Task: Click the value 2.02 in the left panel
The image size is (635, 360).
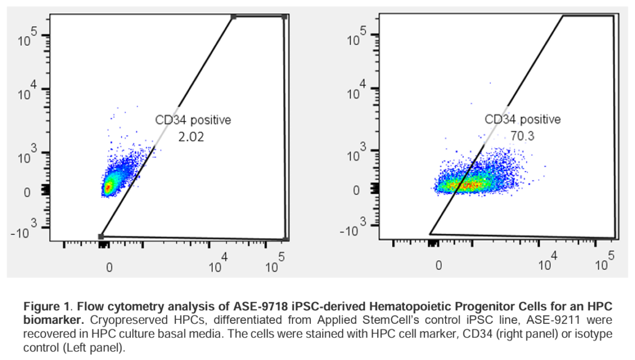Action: point(191,137)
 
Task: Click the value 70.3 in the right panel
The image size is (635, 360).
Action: point(522,136)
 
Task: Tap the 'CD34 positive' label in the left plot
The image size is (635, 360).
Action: point(193,119)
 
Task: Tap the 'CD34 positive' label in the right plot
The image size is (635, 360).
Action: point(522,119)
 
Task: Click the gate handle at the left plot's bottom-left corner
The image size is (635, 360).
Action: point(101,236)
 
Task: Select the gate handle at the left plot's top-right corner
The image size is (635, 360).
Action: point(285,17)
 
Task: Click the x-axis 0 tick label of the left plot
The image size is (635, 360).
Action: point(109,267)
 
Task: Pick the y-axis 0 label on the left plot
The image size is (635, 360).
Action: point(27,192)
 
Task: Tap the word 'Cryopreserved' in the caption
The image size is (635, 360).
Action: point(115,320)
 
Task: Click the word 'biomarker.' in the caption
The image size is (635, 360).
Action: point(53,320)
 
